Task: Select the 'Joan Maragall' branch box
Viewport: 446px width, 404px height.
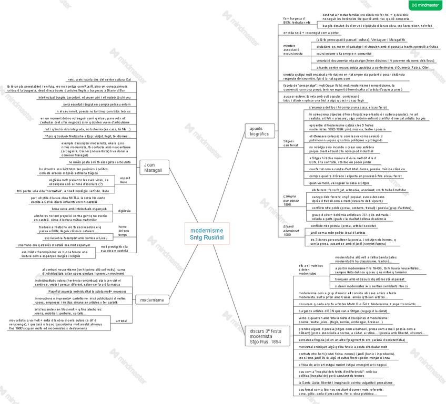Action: (153, 168)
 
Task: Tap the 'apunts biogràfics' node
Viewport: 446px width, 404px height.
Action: (258, 131)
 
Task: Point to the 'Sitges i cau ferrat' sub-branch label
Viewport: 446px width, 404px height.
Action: (291, 143)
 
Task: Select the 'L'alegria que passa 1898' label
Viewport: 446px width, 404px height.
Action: (291, 200)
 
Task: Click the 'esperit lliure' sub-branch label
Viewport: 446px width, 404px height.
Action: (124, 180)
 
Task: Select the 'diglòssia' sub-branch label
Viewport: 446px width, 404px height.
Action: (125, 211)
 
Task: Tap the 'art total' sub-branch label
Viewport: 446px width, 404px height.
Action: (121, 320)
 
